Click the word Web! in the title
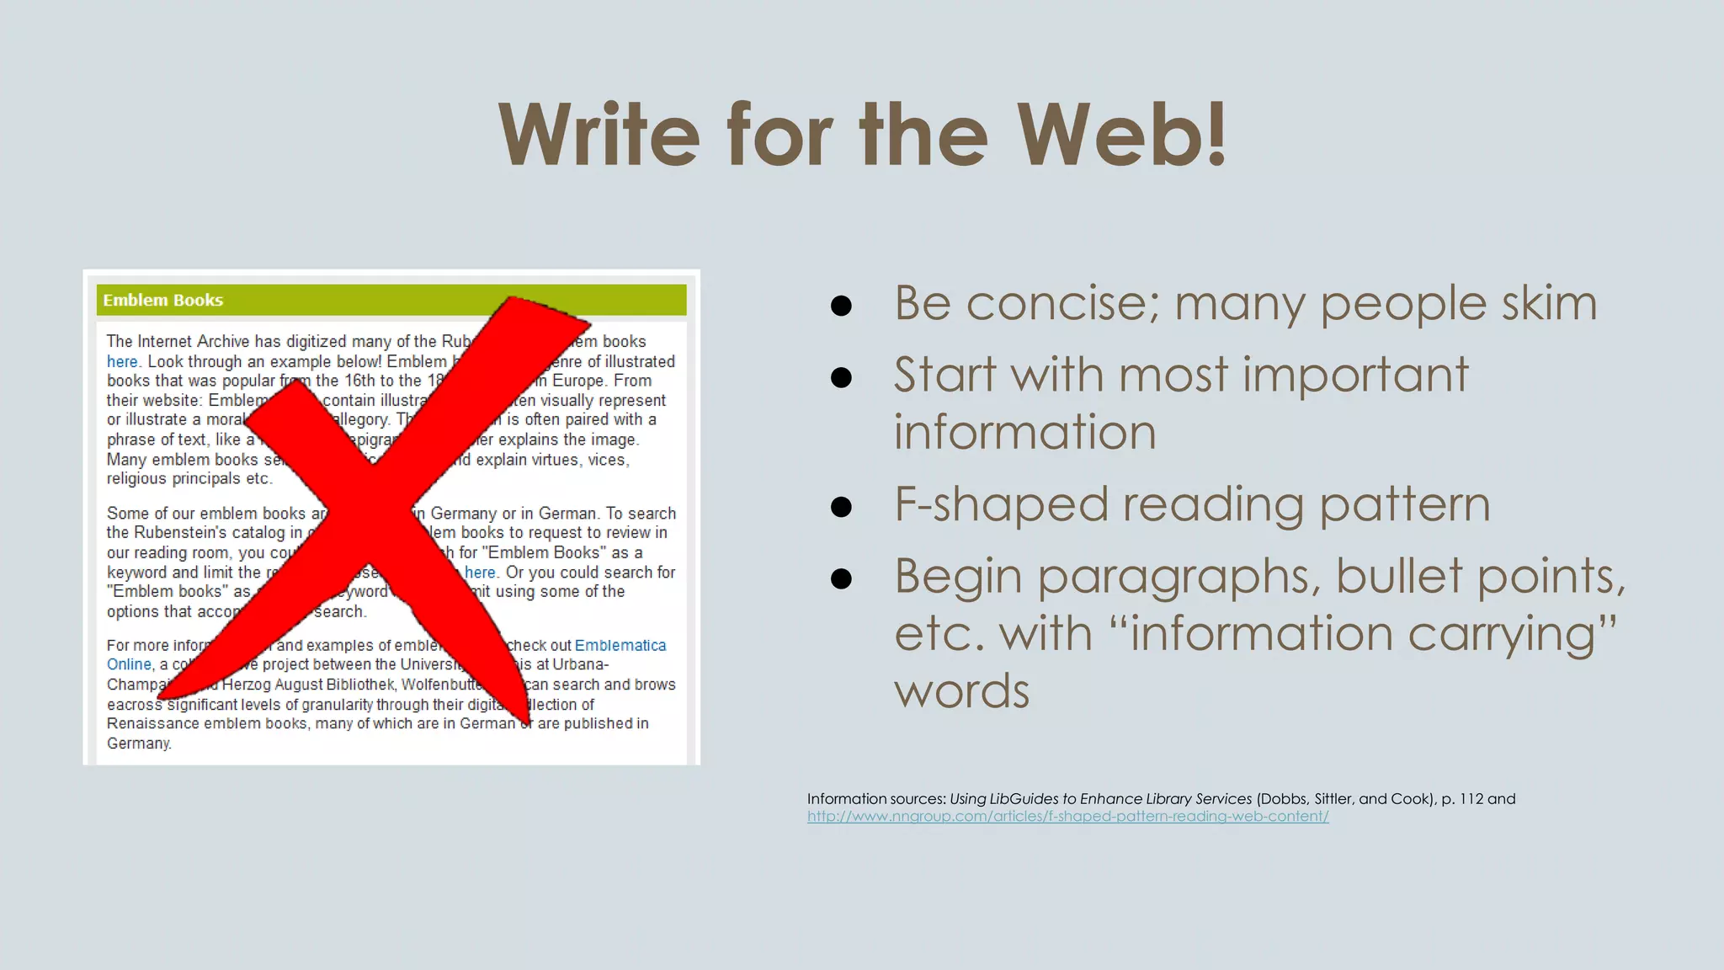[1122, 135]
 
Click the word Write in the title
[599, 135]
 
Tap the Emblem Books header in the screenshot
[163, 300]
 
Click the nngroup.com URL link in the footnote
[1067, 816]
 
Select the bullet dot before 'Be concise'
[841, 305]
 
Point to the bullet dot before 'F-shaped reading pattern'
[841, 507]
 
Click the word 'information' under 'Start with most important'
[1024, 433]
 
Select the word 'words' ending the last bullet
[961, 691]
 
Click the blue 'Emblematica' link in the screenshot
[620, 645]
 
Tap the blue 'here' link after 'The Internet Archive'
[122, 361]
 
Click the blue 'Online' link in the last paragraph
[129, 664]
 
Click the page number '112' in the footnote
[1471, 798]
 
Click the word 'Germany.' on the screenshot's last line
[139, 743]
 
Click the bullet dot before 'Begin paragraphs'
[841, 578]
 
